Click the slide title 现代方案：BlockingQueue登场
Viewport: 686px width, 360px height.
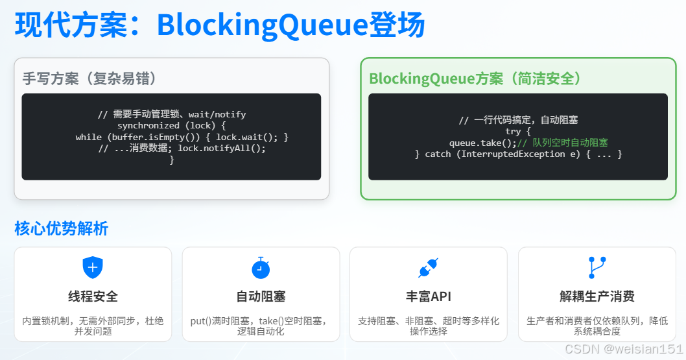[x=220, y=25]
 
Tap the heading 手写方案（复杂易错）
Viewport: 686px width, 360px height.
[x=89, y=78]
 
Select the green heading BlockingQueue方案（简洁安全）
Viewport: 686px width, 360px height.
[x=475, y=78]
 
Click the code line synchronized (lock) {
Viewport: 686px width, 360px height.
[x=171, y=125]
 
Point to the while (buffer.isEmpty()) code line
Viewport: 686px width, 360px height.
[x=182, y=137]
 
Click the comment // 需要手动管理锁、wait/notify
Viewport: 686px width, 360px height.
[x=172, y=114]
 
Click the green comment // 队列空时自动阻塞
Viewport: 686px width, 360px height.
[x=562, y=143]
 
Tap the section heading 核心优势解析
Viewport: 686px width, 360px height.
[x=61, y=228]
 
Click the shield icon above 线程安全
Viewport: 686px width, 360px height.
[x=93, y=267]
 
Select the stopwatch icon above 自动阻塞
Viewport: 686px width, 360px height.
[x=261, y=268]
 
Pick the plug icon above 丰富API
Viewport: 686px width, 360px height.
[x=429, y=268]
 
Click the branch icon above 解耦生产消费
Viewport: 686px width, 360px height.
[x=597, y=267]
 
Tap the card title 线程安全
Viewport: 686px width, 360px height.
[x=93, y=297]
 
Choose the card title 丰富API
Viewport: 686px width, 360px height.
[x=429, y=297]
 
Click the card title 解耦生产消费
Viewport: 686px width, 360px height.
[x=597, y=297]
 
